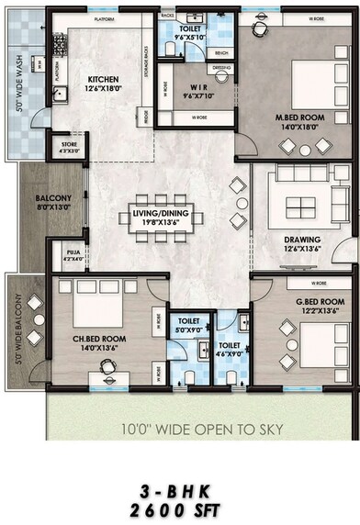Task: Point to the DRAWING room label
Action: pyautogui.click(x=302, y=241)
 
